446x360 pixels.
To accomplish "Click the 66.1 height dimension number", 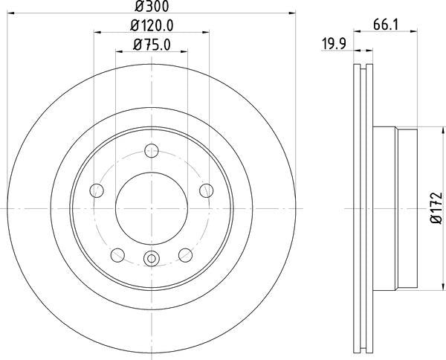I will coord(383,26).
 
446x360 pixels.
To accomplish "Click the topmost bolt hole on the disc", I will coord(151,154).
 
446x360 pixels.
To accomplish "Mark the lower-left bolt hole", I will coord(117,255).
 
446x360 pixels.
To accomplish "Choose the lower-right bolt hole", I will coord(185,255).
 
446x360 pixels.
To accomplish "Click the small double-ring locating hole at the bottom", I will coord(151,259).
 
